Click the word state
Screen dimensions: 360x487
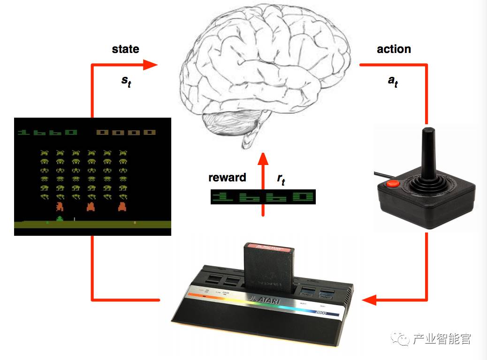(125, 49)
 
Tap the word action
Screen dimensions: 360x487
(394, 49)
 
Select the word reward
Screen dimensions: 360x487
(227, 178)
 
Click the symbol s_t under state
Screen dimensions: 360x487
(126, 80)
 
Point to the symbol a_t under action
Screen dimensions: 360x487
(393, 80)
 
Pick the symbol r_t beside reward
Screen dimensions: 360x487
(281, 179)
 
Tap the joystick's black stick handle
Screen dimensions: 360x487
(427, 152)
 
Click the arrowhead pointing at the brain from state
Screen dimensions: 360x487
(150, 65)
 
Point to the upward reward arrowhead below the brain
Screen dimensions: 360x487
(263, 159)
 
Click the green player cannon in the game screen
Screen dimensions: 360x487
(60, 219)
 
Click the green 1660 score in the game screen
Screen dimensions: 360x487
(47, 133)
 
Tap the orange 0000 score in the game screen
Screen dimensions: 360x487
(126, 133)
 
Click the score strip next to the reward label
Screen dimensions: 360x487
(263, 197)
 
